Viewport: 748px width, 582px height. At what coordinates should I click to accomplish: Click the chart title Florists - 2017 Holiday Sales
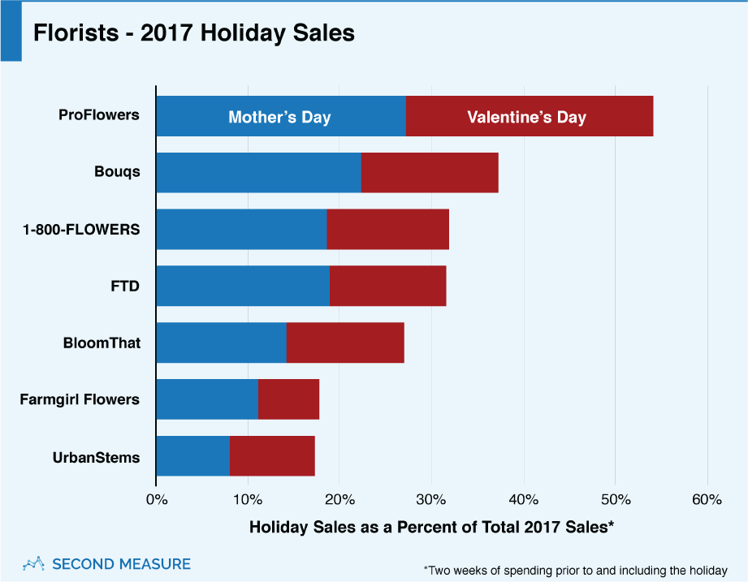pos(193,34)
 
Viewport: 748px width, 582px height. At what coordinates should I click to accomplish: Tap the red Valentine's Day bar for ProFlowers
pos(529,116)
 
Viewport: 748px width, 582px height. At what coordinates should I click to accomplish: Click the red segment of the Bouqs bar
pos(430,172)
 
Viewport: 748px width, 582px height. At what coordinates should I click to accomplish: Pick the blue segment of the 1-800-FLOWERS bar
pos(241,229)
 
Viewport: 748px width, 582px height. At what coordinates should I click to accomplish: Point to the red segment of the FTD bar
pos(387,286)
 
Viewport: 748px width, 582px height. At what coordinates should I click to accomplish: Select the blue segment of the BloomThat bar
pos(221,343)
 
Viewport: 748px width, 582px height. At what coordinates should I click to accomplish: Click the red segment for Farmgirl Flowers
pos(288,399)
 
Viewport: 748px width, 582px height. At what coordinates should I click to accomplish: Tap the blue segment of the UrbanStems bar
pos(192,456)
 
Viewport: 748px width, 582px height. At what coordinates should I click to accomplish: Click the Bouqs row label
pos(117,172)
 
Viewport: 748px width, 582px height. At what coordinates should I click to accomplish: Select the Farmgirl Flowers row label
pos(80,399)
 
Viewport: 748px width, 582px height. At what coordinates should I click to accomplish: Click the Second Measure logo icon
pos(32,563)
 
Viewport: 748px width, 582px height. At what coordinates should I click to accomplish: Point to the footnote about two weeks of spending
pos(575,570)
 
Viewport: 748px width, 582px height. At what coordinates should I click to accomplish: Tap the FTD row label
pos(126,286)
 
